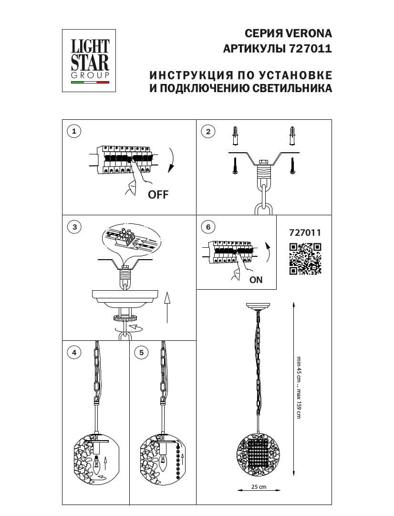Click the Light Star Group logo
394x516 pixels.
(x=89, y=61)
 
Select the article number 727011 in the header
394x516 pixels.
(x=310, y=49)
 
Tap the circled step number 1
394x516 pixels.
(x=74, y=131)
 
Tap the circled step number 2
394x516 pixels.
(x=208, y=132)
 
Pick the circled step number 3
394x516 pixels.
(x=75, y=227)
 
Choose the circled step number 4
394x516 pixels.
(x=74, y=352)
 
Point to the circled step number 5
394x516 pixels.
(x=141, y=352)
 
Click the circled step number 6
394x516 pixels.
(x=208, y=227)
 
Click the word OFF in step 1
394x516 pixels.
(x=158, y=194)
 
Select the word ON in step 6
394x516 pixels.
(x=256, y=280)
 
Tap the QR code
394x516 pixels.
(x=305, y=259)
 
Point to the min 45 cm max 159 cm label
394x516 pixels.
(x=299, y=387)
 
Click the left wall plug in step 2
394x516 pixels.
(x=235, y=135)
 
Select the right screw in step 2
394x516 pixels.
(x=292, y=166)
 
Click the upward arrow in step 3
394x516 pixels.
(x=167, y=307)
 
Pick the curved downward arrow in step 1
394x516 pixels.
(x=172, y=160)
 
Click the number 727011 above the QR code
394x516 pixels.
(x=305, y=232)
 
